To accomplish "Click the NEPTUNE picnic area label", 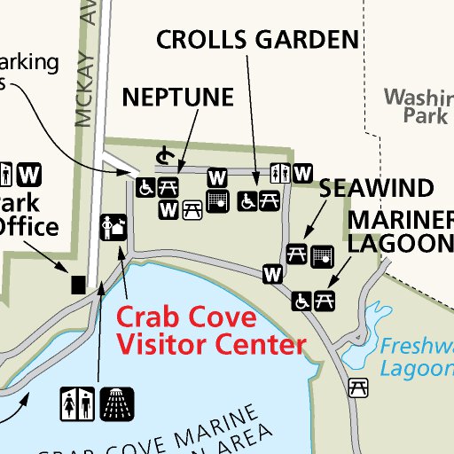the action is [x=177, y=97].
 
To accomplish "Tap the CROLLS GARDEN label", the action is [x=257, y=39].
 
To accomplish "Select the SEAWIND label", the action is [x=376, y=188].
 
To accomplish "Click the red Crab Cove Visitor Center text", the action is [x=211, y=330].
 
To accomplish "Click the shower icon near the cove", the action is [x=116, y=403].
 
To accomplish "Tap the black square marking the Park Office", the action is [x=78, y=284].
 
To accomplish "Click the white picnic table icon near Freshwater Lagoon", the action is [x=358, y=387].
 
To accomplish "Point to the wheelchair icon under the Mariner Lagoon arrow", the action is [x=302, y=301].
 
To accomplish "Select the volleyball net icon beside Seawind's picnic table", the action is [x=323, y=255].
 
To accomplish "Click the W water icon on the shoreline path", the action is [x=272, y=275].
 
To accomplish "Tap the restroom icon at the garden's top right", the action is [x=283, y=173].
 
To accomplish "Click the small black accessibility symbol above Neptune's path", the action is [x=162, y=157].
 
